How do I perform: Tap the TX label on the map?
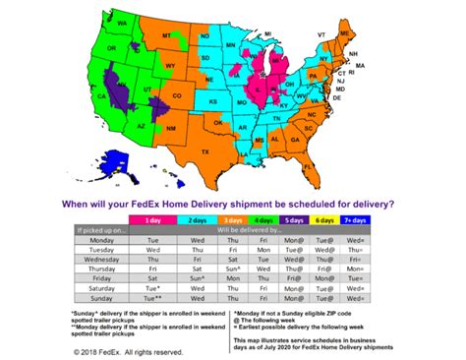pos(206,153)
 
